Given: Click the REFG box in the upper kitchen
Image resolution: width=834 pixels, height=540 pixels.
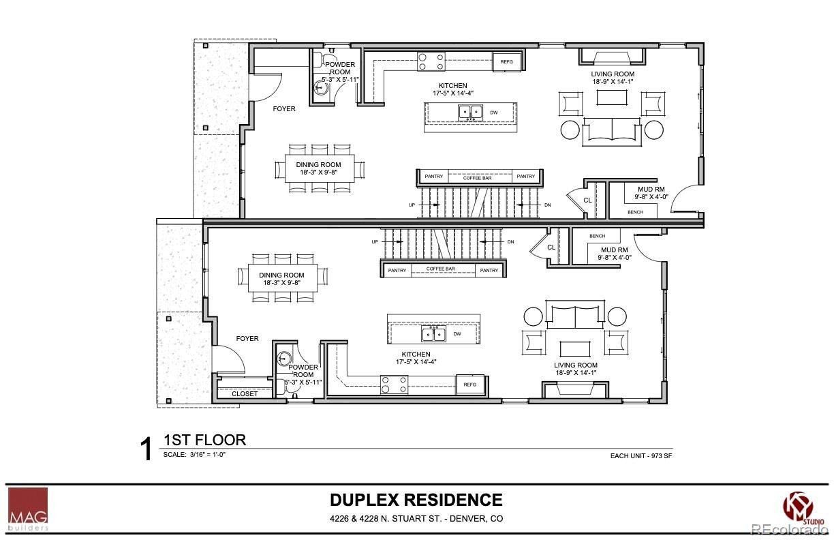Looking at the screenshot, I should pyautogui.click(x=507, y=62).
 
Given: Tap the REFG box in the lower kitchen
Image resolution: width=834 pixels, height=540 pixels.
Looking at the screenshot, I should pyautogui.click(x=469, y=385).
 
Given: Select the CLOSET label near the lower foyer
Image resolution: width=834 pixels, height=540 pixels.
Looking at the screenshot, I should pyautogui.click(x=245, y=393).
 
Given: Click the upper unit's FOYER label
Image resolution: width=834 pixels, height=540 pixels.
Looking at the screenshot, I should pyautogui.click(x=284, y=109).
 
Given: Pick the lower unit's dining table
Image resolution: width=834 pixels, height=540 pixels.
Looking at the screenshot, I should pyautogui.click(x=281, y=279).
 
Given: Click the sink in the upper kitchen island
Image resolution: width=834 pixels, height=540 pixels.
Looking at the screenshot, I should pyautogui.click(x=470, y=112).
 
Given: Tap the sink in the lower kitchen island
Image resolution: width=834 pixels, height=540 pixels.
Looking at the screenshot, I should pyautogui.click(x=433, y=334).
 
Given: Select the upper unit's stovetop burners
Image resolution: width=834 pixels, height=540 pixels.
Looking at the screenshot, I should pyautogui.click(x=431, y=62).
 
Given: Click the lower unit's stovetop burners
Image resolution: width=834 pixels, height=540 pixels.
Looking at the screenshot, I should pyautogui.click(x=395, y=385).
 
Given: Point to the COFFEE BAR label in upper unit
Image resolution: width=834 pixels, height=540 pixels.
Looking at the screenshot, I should pyautogui.click(x=478, y=177).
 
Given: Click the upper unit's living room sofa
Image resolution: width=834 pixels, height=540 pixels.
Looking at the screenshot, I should pyautogui.click(x=611, y=130).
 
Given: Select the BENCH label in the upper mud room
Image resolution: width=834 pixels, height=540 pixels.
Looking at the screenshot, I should pyautogui.click(x=635, y=212).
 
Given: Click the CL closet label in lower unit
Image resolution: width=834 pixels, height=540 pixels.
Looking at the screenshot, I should pyautogui.click(x=551, y=247).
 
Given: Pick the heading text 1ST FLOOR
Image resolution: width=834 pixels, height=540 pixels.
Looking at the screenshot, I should pyautogui.click(x=204, y=440).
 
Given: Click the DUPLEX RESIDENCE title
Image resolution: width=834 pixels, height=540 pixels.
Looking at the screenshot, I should pyautogui.click(x=416, y=500).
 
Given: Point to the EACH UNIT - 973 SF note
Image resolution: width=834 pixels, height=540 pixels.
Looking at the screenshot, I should pyautogui.click(x=641, y=456).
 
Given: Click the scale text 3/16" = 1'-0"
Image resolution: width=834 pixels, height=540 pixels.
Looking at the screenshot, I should pyautogui.click(x=194, y=454).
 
